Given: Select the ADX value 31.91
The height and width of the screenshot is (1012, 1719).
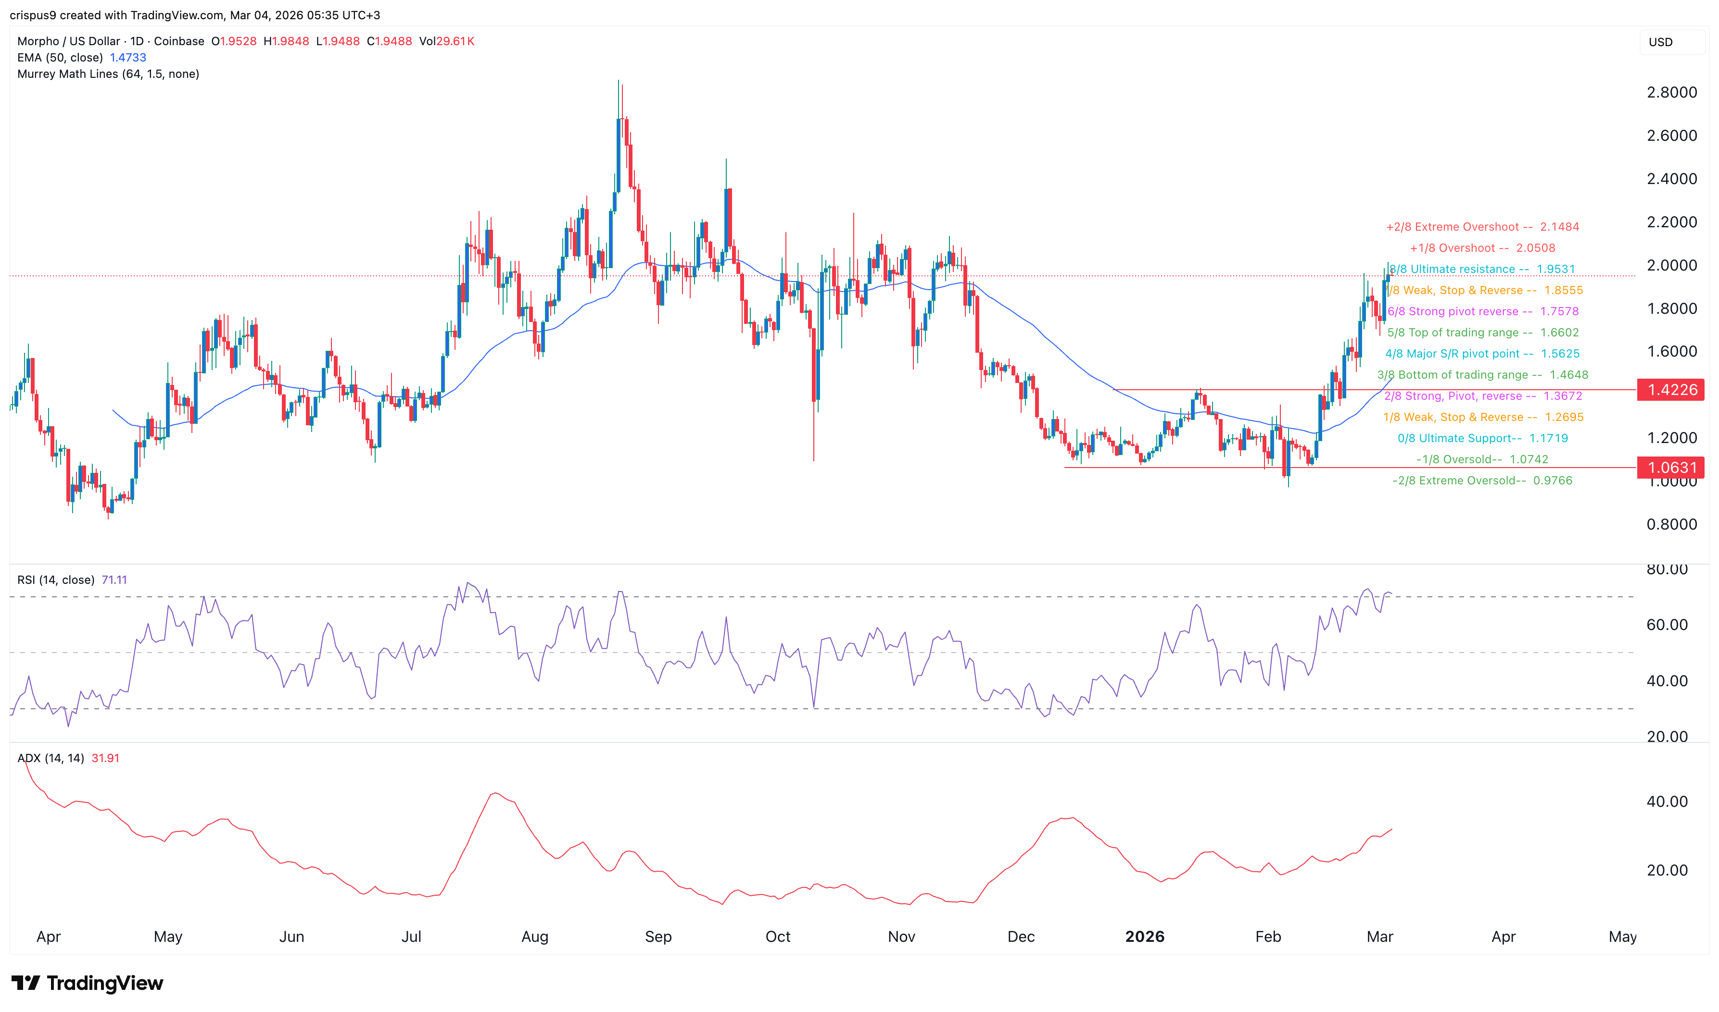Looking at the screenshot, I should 105,758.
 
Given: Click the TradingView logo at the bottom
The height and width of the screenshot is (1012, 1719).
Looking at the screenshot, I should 88,983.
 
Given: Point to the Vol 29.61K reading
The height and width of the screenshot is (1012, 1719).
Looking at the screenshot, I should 446,41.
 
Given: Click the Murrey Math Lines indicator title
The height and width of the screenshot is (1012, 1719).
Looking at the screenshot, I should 108,74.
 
